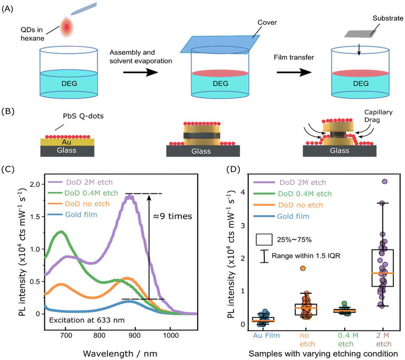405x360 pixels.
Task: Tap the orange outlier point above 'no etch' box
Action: click(303, 268)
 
